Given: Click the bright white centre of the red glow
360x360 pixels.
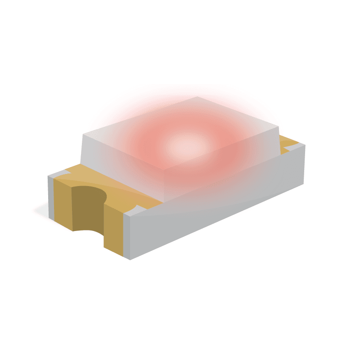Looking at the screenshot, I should tap(186, 145).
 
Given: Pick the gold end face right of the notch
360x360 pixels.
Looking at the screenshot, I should tap(113, 234).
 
